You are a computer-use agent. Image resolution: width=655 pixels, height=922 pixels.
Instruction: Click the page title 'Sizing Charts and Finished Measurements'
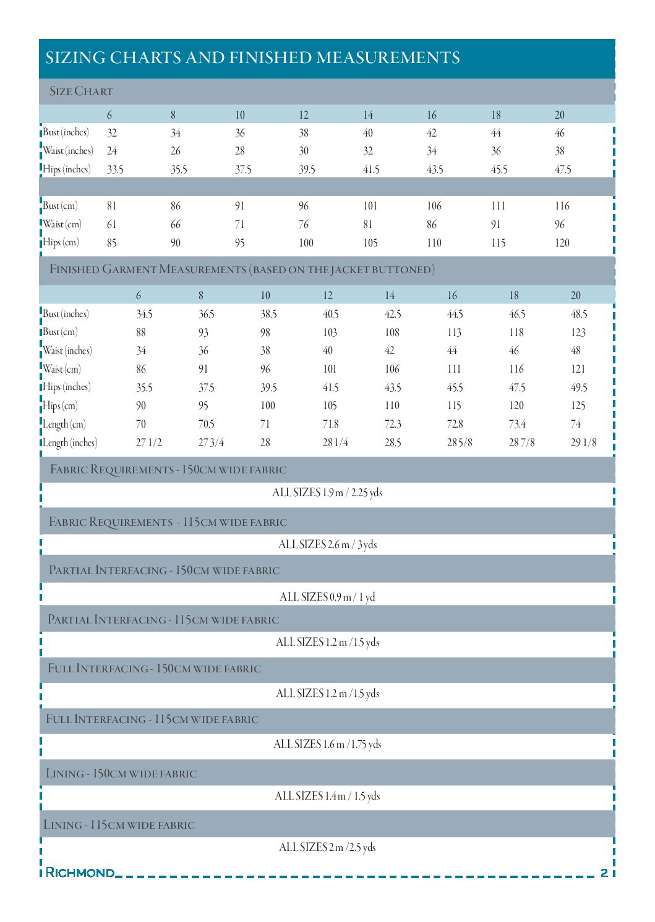pos(252,58)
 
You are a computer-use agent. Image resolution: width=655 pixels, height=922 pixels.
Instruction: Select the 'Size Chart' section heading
pos(81,92)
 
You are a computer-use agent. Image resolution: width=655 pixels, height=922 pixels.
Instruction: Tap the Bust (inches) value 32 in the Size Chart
pos(112,133)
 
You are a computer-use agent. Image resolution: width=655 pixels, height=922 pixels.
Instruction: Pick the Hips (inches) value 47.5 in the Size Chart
pos(562,169)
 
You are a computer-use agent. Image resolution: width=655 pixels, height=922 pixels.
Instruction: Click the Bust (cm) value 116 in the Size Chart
pos(562,206)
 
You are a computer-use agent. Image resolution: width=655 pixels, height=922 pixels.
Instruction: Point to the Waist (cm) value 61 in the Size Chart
pos(111,224)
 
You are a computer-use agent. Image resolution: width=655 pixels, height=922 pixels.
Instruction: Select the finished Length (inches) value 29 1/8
pos(583,442)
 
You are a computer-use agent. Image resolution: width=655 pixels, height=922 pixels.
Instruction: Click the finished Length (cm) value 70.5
pos(206,425)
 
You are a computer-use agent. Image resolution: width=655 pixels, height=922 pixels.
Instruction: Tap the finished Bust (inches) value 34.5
pos(144,315)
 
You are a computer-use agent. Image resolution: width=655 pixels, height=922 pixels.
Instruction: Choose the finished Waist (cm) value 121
pos(578,370)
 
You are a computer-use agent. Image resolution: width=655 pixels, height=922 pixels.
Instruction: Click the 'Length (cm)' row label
pos(64,425)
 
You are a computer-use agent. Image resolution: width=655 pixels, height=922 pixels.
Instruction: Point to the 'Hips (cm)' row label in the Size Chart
pos(61,242)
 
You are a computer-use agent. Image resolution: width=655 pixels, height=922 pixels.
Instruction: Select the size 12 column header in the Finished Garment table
pos(328,296)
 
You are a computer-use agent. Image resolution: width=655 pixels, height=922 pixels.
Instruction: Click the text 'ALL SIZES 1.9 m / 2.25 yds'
pos(327,493)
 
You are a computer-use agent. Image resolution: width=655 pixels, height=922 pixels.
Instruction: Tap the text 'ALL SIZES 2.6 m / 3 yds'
pos(327,544)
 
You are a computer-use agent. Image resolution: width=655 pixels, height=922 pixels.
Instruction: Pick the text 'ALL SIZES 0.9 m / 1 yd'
pos(327,597)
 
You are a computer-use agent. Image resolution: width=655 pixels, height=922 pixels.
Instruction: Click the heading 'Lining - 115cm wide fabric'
pos(119,825)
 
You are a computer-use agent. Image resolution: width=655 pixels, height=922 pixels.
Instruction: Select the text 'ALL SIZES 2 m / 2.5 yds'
pos(327,847)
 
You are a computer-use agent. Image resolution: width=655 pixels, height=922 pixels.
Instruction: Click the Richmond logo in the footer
pos(80,873)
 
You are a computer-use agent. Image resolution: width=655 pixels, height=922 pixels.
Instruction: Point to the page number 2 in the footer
pos(604,873)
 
